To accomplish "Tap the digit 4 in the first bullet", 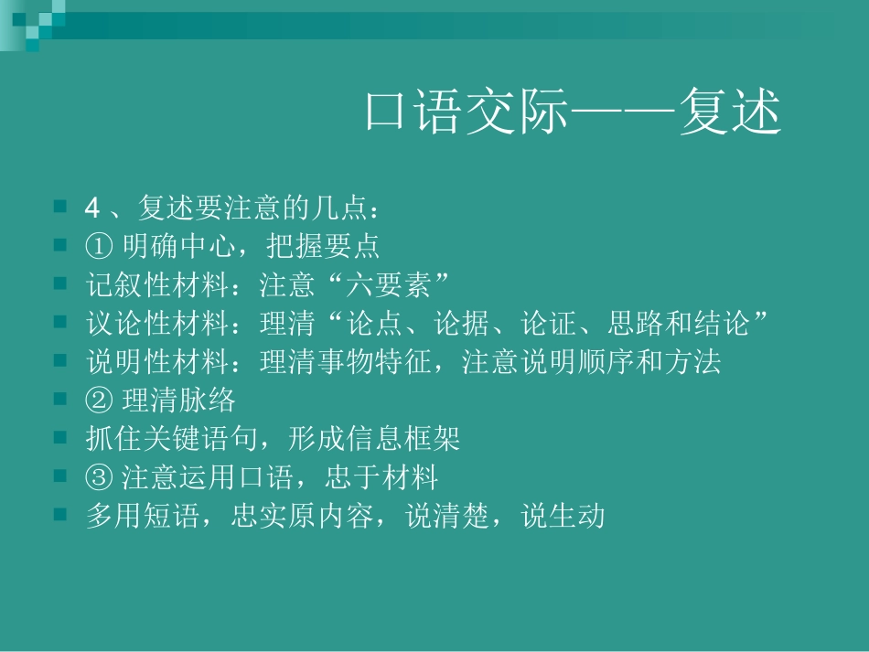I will point(91,208).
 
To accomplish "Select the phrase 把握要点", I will point(324,247).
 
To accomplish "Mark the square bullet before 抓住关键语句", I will point(60,438).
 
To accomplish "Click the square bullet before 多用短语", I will point(60,515).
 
